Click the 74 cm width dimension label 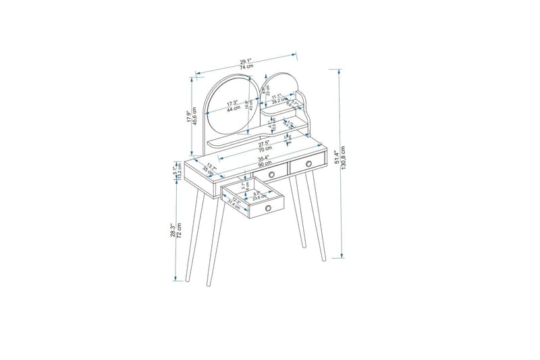(x=247, y=66)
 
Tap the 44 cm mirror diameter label (x=233, y=109)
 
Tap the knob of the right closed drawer (x=308, y=164)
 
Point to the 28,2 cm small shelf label (x=277, y=101)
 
